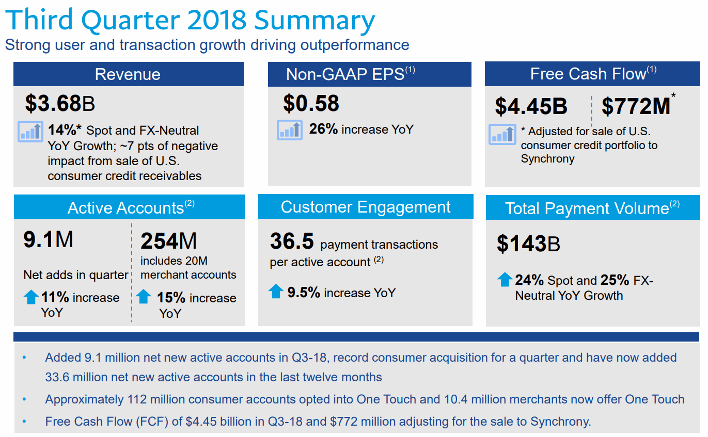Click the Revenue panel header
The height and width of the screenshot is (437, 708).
[x=128, y=74]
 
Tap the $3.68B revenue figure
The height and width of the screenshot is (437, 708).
[x=60, y=104]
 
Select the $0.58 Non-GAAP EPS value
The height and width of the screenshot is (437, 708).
[x=311, y=103]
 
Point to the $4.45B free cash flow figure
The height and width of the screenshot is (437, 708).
[x=531, y=106]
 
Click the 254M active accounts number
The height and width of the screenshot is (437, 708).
[x=169, y=241]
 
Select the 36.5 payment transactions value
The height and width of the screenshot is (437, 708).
[x=292, y=241]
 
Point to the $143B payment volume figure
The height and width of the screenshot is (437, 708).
[x=528, y=244]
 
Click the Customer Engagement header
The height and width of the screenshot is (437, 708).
[x=366, y=207]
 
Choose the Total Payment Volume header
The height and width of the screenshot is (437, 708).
[x=592, y=208]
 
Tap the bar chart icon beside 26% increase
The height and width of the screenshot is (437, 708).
[x=289, y=130]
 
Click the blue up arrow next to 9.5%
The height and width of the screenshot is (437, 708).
[x=276, y=292]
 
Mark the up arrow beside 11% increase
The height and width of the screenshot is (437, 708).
[x=31, y=297]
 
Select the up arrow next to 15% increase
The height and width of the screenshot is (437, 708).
[x=144, y=297]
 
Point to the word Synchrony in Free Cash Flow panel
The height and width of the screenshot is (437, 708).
[x=547, y=158]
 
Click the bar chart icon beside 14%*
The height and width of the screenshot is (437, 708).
[x=30, y=131]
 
